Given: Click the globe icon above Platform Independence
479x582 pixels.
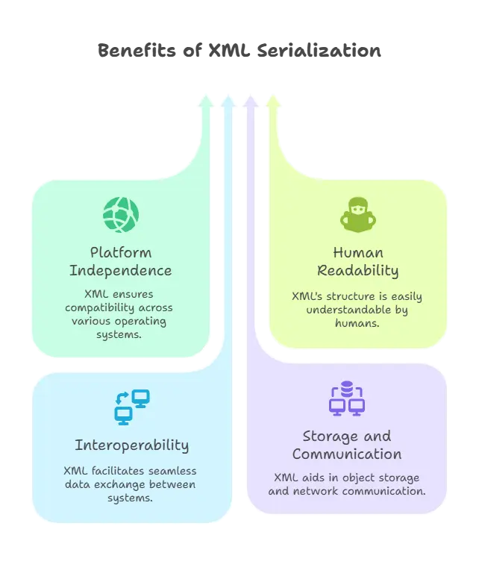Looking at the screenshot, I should [x=120, y=215].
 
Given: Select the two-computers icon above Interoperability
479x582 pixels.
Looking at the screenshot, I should [x=131, y=407].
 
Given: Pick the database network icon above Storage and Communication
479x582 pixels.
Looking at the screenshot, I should [x=346, y=398].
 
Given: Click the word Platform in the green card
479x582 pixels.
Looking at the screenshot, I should [x=120, y=252].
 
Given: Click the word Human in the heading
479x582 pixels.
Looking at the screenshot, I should [x=357, y=252].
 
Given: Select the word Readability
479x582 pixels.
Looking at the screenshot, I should [x=357, y=270].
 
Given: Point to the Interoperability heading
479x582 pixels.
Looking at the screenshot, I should [x=131, y=445].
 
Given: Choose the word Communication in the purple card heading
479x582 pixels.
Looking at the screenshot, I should [x=346, y=454].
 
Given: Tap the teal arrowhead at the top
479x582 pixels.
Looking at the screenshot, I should [x=204, y=101].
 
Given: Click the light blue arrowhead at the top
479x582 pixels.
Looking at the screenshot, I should [x=228, y=101].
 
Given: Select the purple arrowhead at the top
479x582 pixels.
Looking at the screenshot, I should [x=251, y=101].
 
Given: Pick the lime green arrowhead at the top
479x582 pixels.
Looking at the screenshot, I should [x=274, y=101].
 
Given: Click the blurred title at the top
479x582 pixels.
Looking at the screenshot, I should [x=239, y=51].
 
